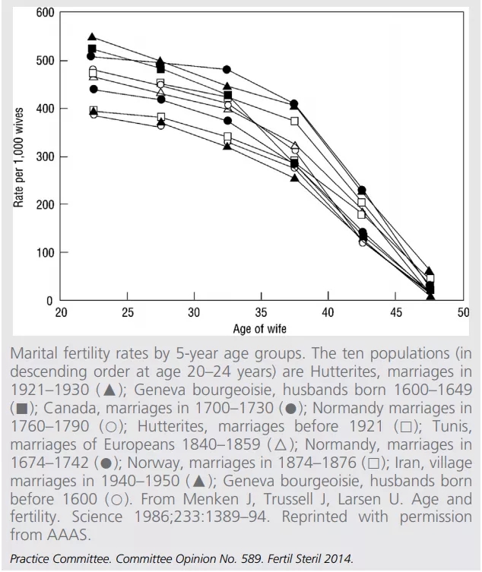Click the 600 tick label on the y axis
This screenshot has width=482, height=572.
click(x=45, y=13)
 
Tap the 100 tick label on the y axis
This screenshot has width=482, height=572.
click(x=45, y=252)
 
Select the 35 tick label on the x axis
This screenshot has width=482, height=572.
click(x=262, y=313)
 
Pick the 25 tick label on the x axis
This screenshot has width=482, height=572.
click(x=128, y=313)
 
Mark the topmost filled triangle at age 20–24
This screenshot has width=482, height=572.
click(x=92, y=37)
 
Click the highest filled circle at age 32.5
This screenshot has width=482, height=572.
click(x=227, y=70)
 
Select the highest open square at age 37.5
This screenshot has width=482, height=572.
click(x=294, y=121)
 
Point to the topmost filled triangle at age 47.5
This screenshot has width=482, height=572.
click(x=430, y=271)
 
